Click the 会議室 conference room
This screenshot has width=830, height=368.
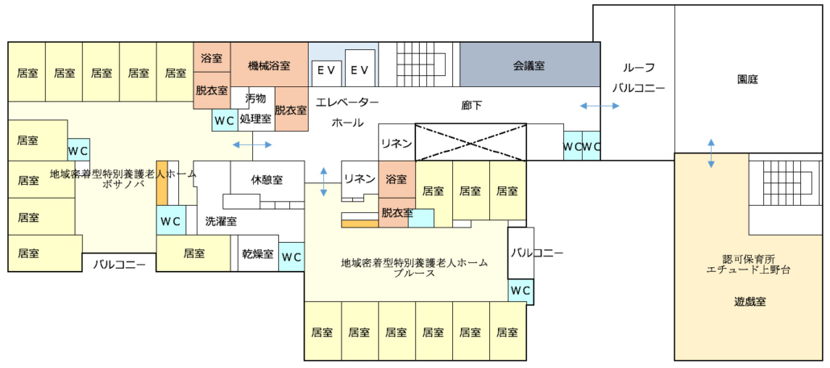[530, 65]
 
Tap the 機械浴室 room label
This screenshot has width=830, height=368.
[269, 65]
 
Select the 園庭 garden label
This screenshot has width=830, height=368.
[748, 80]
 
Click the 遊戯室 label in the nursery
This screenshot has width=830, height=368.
[749, 302]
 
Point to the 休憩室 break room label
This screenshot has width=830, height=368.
[267, 180]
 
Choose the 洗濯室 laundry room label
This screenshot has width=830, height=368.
[221, 222]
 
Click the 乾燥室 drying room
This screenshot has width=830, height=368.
[258, 253]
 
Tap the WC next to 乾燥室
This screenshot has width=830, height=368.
[291, 257]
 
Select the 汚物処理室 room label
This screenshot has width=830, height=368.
[255, 109]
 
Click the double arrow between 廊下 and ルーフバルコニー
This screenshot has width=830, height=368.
[600, 106]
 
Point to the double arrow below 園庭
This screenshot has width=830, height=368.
[711, 154]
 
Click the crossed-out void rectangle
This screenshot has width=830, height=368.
[471, 142]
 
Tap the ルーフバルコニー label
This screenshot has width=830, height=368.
[638, 78]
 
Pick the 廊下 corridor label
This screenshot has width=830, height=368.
[471, 105]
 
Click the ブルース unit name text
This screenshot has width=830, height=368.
[414, 273]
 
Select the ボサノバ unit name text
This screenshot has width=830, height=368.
[122, 183]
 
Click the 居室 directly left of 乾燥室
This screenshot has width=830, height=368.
[193, 253]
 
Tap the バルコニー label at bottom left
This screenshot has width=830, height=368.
[119, 264]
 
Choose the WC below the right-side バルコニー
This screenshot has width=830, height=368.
[521, 291]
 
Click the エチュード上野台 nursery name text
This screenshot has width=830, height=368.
[748, 270]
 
